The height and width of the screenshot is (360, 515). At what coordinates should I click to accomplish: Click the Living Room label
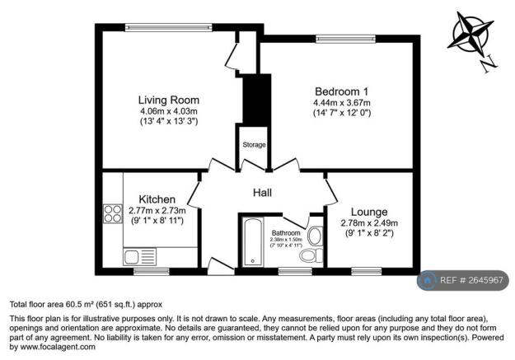169,100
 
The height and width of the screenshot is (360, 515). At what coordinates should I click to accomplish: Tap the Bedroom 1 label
341,91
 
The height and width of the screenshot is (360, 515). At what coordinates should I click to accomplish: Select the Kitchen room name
157,199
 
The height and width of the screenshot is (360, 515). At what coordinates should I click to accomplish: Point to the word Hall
263,193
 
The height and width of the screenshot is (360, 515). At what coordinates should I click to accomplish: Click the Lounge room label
363,212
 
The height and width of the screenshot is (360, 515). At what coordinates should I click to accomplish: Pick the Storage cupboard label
254,145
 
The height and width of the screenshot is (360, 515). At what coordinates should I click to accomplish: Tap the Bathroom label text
286,233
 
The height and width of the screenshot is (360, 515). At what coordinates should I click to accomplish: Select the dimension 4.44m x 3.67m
341,102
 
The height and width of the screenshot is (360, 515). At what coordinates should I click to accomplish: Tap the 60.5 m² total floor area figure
84,303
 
